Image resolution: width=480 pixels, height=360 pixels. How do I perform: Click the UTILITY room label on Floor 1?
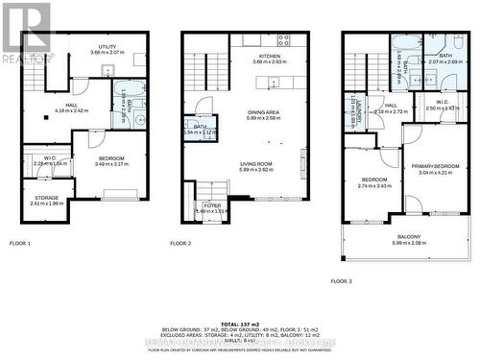coord(107,45)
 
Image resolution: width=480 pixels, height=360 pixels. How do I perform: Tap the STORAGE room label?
coord(46,198)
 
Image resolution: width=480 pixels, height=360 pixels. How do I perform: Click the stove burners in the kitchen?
coord(283,40)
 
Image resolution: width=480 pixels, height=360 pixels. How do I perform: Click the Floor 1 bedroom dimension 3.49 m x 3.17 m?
coord(111,164)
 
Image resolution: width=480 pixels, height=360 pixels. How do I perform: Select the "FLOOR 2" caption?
coord(180,244)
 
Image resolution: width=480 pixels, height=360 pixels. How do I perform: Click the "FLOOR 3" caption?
coord(341,281)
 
